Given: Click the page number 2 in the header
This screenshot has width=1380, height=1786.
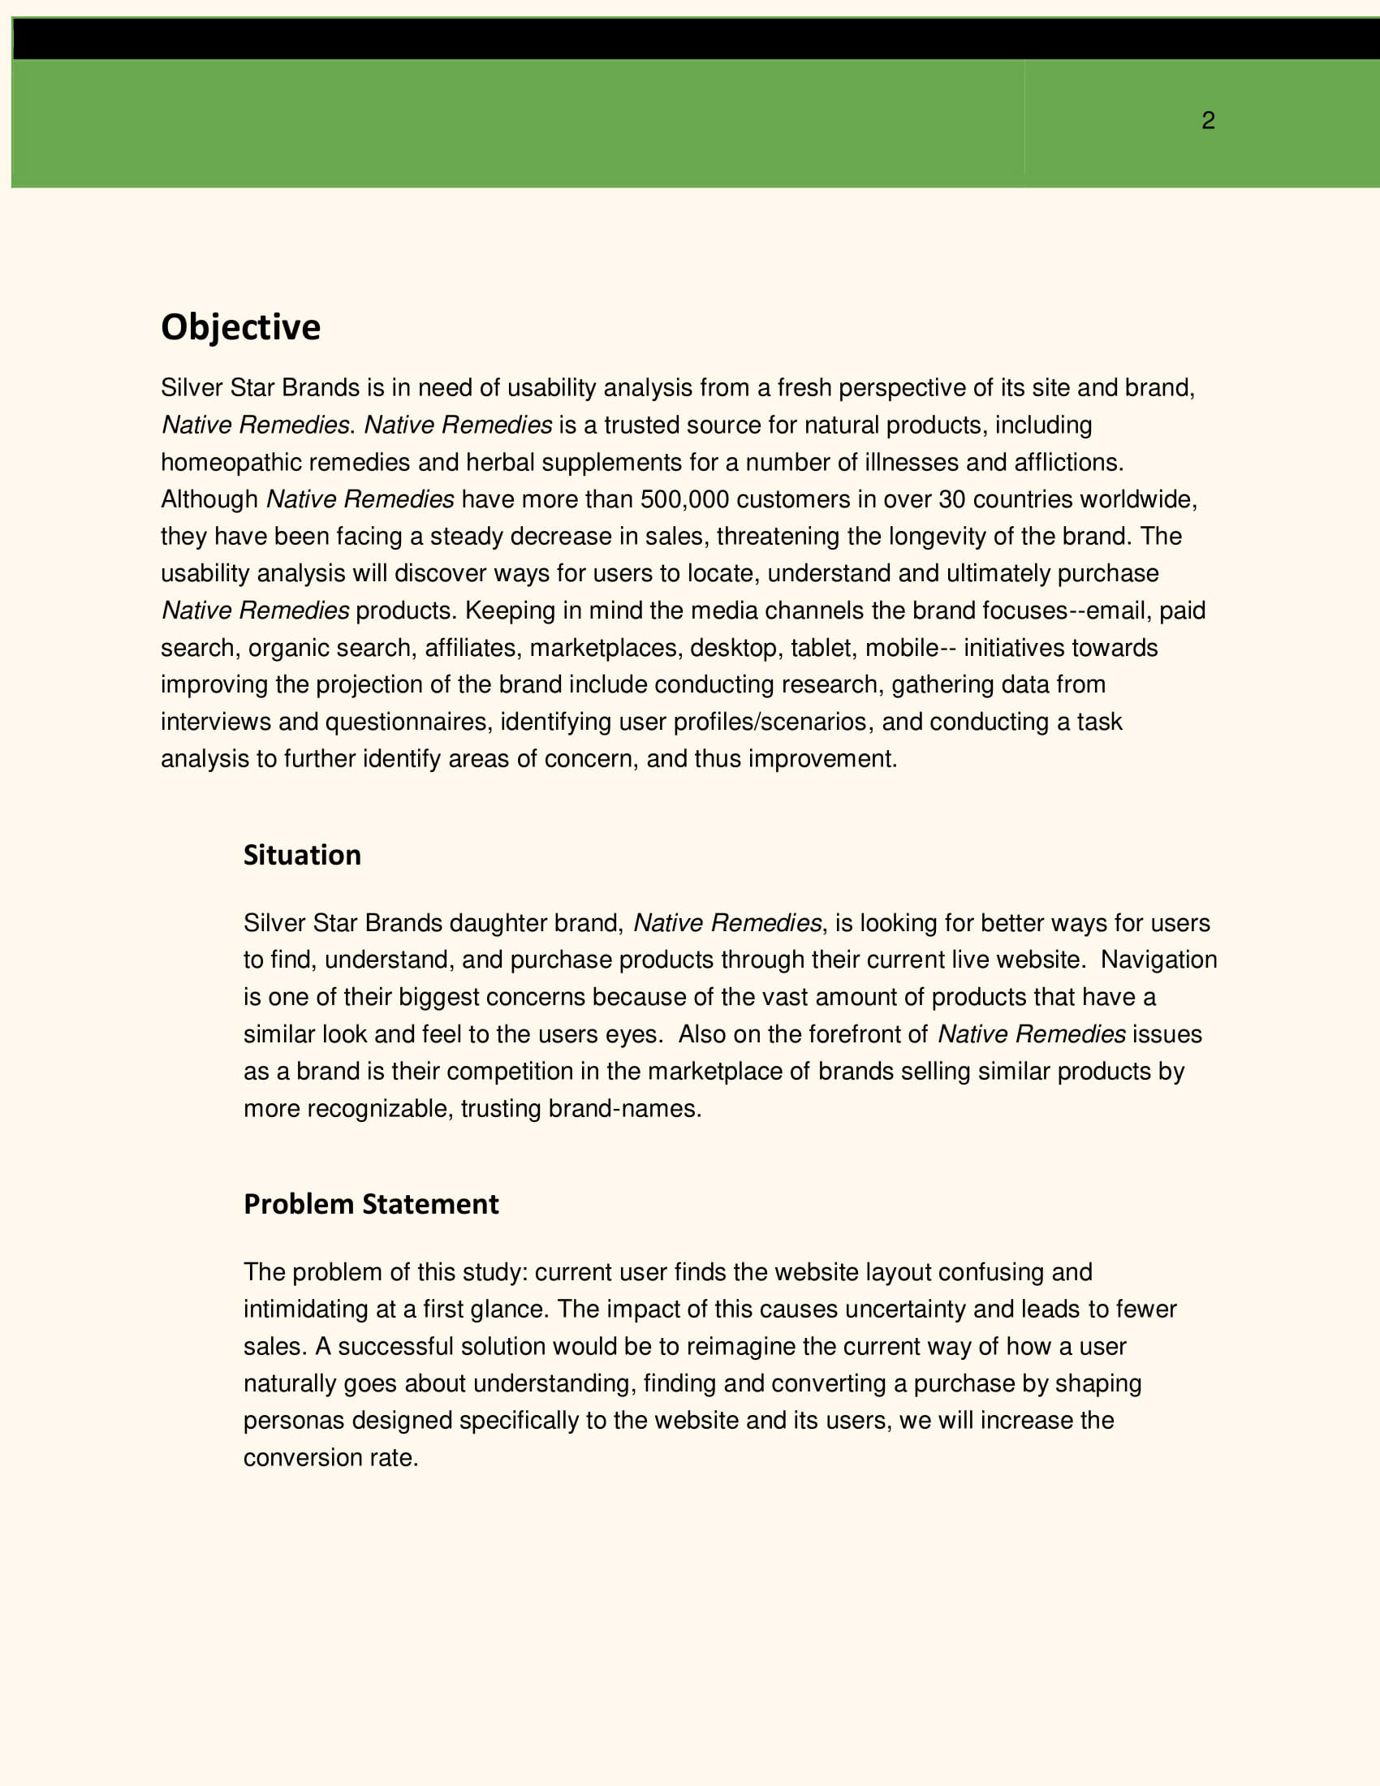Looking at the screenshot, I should [1208, 121].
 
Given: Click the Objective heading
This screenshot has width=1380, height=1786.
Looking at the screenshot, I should [240, 327].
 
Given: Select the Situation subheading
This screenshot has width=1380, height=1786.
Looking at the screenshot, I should [302, 855].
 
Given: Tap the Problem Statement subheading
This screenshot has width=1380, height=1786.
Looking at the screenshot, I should [370, 1204].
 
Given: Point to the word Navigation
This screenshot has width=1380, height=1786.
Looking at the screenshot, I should [1158, 960].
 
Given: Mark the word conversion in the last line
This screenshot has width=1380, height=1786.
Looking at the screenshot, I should [303, 1457].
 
